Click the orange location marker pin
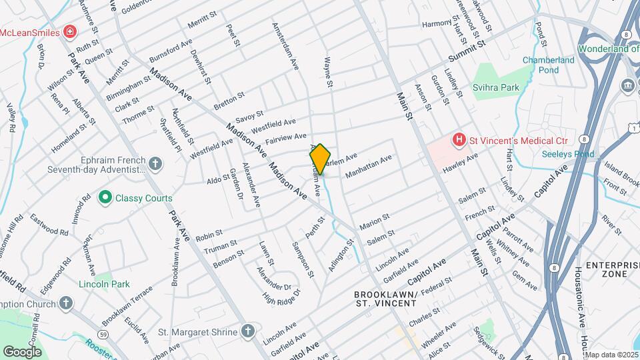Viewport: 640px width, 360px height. (x=320, y=159)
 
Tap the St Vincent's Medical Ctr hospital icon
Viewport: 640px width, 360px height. (x=458, y=140)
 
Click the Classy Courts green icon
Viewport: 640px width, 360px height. (x=105, y=198)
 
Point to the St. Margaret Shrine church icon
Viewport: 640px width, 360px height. (x=247, y=331)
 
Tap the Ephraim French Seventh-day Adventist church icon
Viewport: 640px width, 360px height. (x=155, y=163)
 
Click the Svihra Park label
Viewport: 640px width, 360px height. (x=495, y=87)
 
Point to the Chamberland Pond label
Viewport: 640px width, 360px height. (x=549, y=65)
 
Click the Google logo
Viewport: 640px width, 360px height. (x=22, y=351)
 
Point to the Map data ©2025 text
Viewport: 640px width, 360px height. (x=611, y=355)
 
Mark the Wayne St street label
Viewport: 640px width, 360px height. (x=328, y=72)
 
